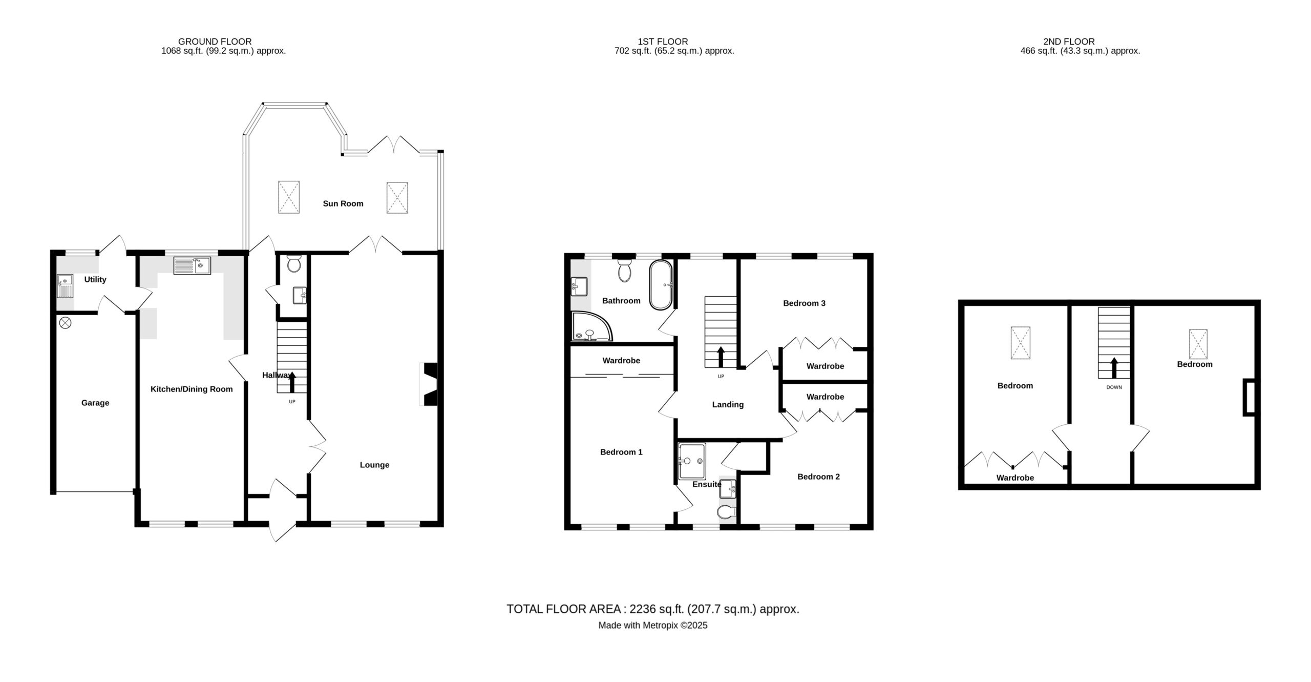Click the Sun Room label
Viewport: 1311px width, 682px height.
point(343,203)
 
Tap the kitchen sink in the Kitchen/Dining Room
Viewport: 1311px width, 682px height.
point(192,265)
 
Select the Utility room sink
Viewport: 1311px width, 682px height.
point(65,286)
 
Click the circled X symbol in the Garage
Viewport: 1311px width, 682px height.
point(65,323)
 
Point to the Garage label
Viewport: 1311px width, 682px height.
point(95,403)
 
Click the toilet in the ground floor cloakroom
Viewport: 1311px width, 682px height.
point(294,263)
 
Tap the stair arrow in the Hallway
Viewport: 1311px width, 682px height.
point(292,382)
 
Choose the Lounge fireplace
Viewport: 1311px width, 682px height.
point(429,384)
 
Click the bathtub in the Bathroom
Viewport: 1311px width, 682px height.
point(661,285)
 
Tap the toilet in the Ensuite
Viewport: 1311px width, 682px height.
point(726,511)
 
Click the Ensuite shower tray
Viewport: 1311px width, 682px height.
point(692,461)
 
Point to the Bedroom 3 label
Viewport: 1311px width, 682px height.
point(804,303)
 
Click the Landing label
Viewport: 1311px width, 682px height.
point(728,405)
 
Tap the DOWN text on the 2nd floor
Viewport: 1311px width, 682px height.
point(1114,387)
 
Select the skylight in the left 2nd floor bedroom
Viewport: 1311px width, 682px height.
point(1020,343)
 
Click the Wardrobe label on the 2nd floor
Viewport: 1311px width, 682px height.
point(1015,478)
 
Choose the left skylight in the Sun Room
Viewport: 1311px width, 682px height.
point(289,197)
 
